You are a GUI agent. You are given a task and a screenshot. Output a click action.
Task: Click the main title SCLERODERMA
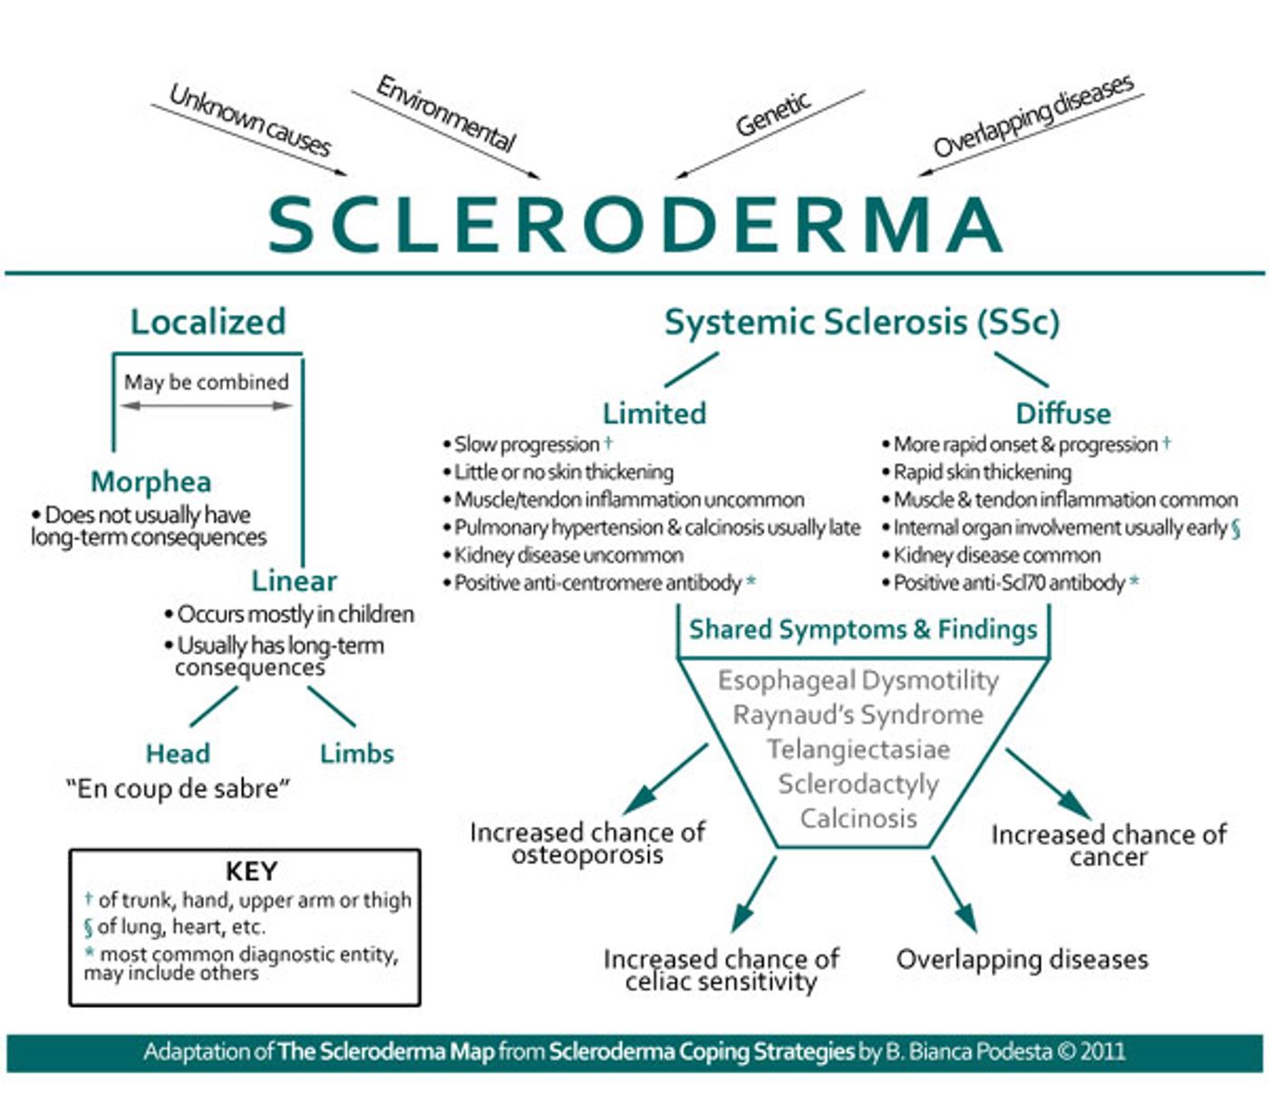click(x=634, y=225)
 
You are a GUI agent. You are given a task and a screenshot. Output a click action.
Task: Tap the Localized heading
click(x=208, y=322)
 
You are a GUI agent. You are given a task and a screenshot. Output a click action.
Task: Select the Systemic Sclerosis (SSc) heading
click(x=861, y=322)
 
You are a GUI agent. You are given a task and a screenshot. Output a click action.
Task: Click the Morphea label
click(x=150, y=481)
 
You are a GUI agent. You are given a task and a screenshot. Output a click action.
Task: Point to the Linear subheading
click(x=294, y=580)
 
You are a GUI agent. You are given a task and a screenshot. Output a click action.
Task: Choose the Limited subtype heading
click(x=654, y=413)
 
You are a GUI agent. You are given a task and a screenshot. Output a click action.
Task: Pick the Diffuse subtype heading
click(x=1062, y=413)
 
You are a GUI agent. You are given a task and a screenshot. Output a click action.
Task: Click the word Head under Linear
click(x=178, y=753)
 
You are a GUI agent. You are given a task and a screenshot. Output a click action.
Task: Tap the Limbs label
click(x=356, y=753)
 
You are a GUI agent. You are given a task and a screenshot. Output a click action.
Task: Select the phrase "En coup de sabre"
click(x=178, y=789)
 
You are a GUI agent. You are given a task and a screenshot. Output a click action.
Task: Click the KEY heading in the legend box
click(x=251, y=871)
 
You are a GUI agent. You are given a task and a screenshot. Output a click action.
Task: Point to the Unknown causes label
click(x=250, y=121)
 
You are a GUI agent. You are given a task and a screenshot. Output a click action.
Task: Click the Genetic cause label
click(x=772, y=115)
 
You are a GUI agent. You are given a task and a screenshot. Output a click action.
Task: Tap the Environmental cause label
click(x=446, y=113)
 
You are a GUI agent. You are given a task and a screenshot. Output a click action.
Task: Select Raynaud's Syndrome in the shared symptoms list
click(x=857, y=715)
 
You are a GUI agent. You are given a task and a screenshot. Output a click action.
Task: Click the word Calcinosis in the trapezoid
click(x=857, y=819)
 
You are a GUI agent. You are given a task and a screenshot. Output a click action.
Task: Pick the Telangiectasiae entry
click(x=857, y=750)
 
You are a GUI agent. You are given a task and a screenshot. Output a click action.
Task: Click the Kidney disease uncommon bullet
click(x=568, y=555)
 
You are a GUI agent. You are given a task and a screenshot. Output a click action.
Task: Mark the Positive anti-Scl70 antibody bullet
click(x=1008, y=583)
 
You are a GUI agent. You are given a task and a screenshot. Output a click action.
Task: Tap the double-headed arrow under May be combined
click(x=207, y=405)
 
